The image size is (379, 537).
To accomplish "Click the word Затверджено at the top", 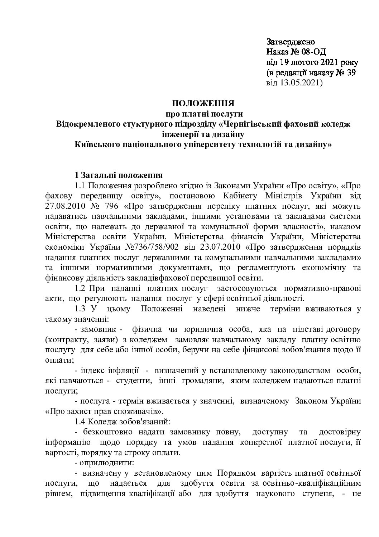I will point(291,42).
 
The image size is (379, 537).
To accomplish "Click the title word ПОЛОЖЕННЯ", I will point(203,104).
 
